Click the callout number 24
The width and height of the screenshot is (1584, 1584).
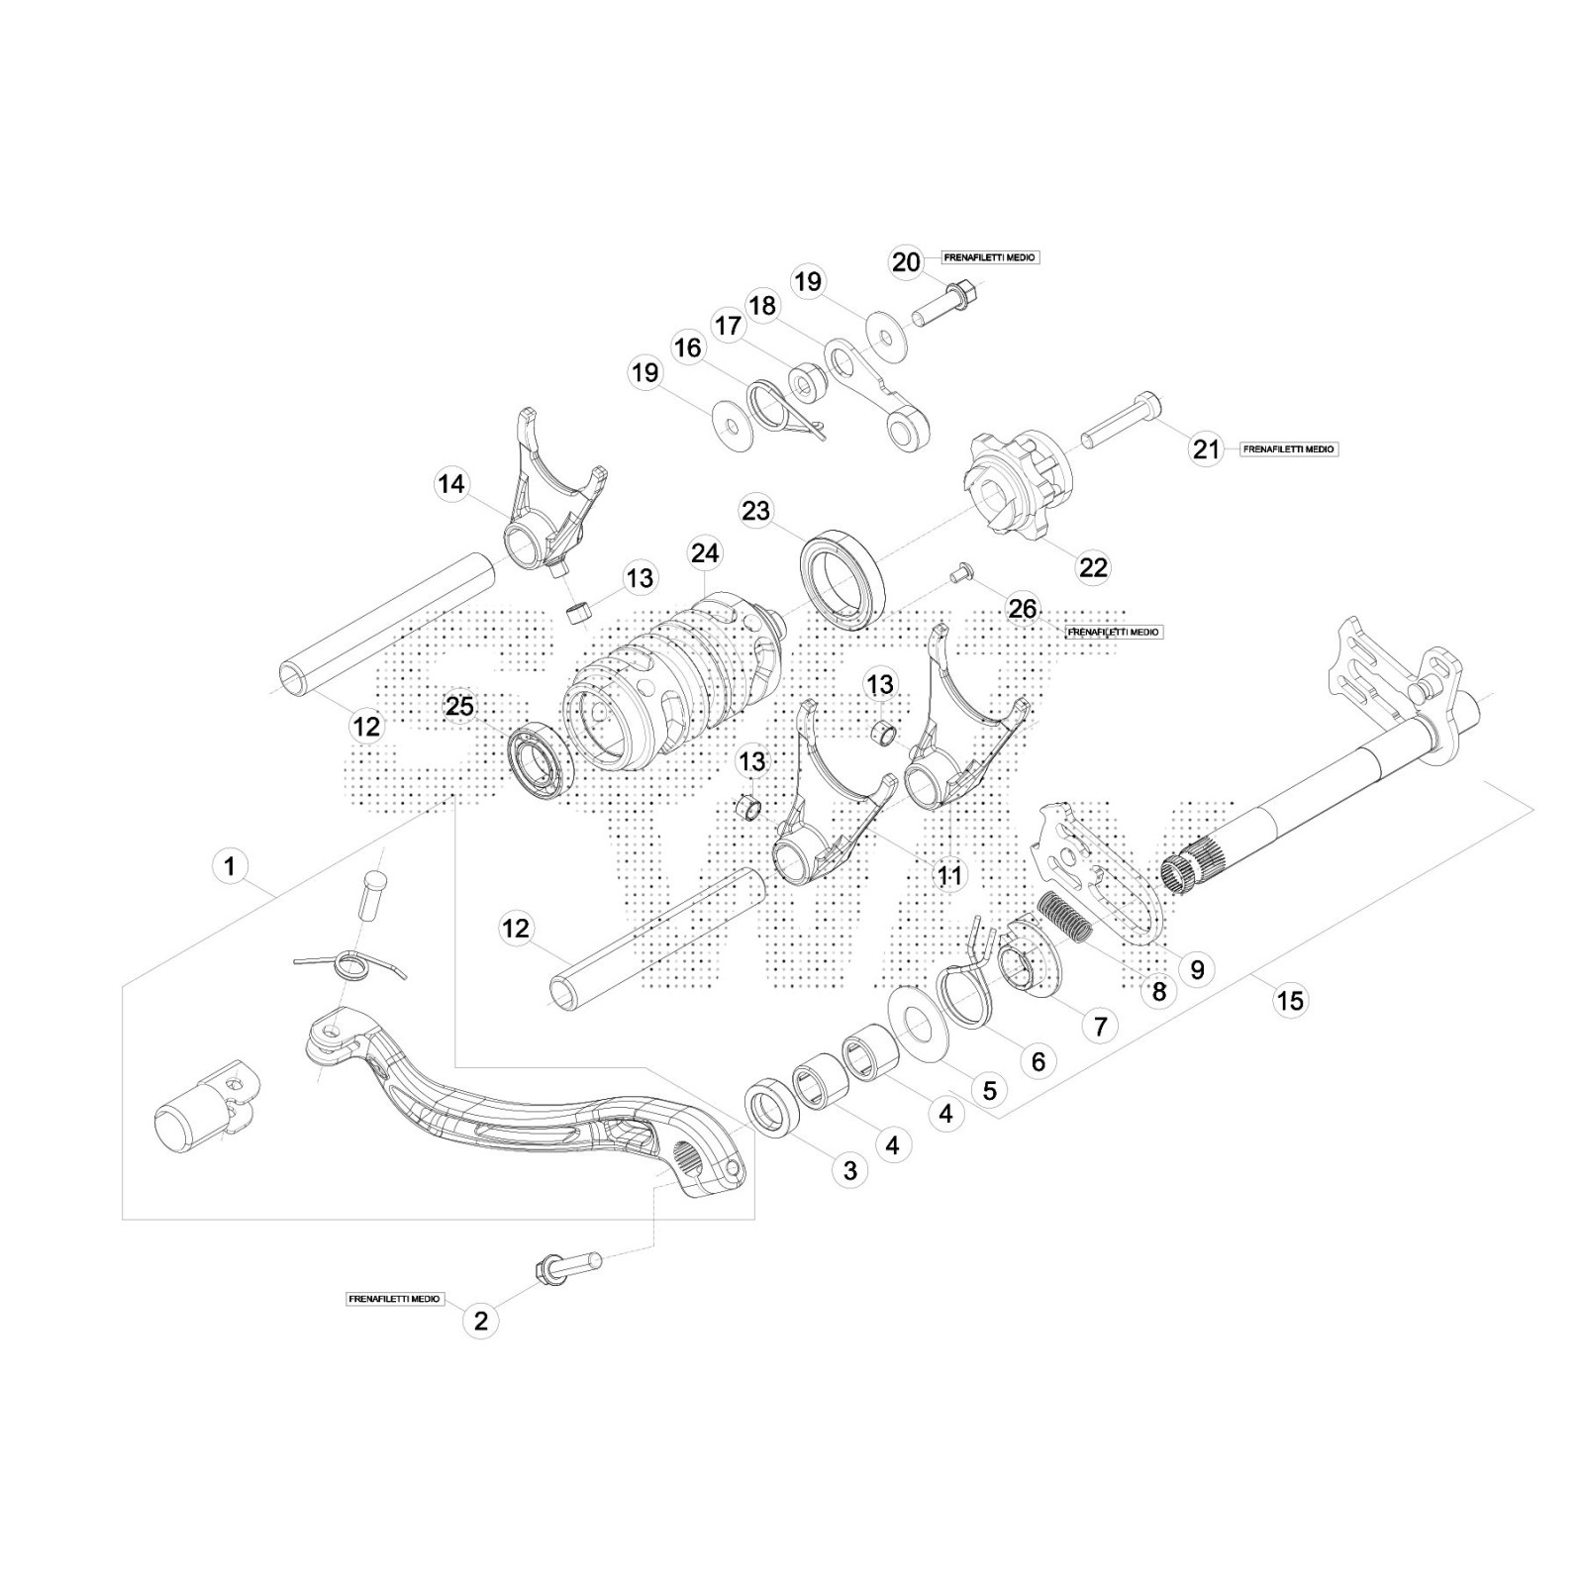(706, 552)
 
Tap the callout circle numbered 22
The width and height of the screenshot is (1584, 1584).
(1093, 567)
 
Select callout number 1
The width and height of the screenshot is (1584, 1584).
(230, 867)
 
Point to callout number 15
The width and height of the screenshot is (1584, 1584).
(1290, 1001)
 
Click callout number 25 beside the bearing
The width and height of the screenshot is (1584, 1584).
(459, 707)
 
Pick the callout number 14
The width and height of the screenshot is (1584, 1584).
(451, 484)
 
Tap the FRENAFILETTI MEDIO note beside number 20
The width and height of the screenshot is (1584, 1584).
(990, 257)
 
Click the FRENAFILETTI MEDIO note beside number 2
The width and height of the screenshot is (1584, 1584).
(395, 1298)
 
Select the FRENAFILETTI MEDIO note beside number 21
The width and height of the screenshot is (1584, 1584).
(1288, 449)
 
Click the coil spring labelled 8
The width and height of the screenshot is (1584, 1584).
(1064, 916)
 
